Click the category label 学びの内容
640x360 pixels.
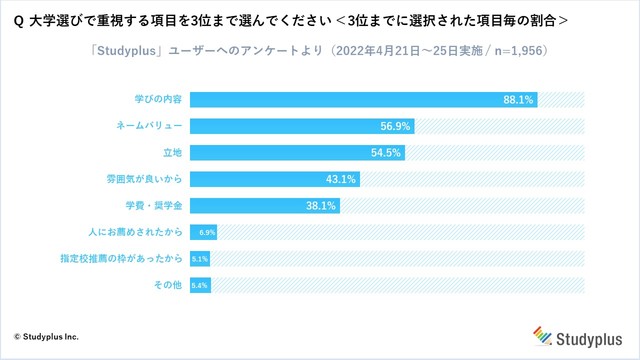(x=159, y=99)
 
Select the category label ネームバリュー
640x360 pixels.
(x=151, y=126)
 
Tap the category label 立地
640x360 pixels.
(x=172, y=152)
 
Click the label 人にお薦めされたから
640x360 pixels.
(x=135, y=232)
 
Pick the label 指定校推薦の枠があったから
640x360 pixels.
(x=123, y=258)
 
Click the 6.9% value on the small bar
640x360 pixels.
(x=207, y=232)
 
